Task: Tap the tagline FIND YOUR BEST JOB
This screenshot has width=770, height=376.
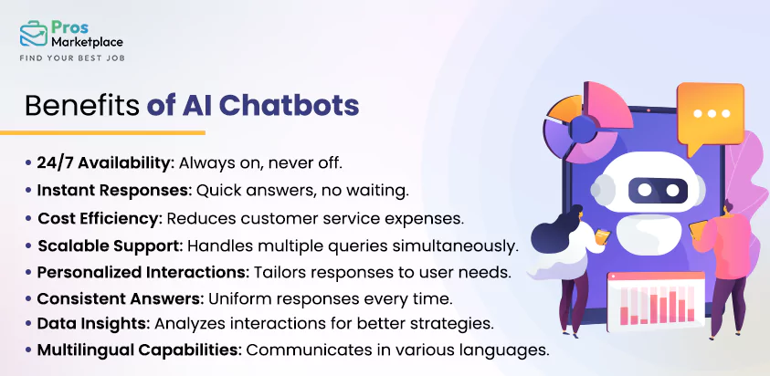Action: [x=71, y=58]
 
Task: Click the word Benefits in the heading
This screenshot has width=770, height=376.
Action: [x=81, y=105]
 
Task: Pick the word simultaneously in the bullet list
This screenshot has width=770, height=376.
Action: [x=456, y=246]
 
